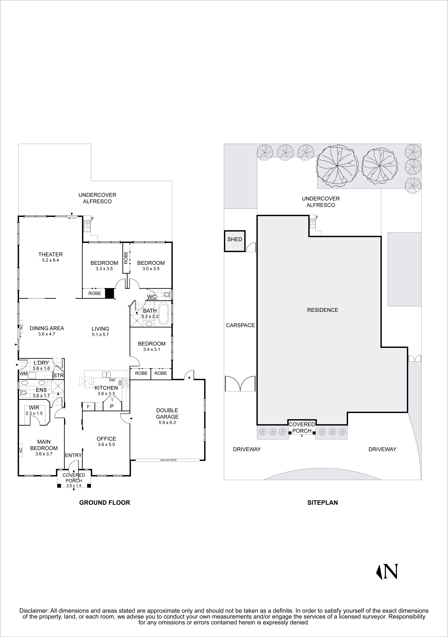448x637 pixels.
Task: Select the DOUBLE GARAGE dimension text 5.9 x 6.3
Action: [x=167, y=423]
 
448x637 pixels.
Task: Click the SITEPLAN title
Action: [x=322, y=502]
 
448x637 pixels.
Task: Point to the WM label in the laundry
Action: [x=23, y=374]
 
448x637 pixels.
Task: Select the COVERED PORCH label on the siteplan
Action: [x=302, y=428]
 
